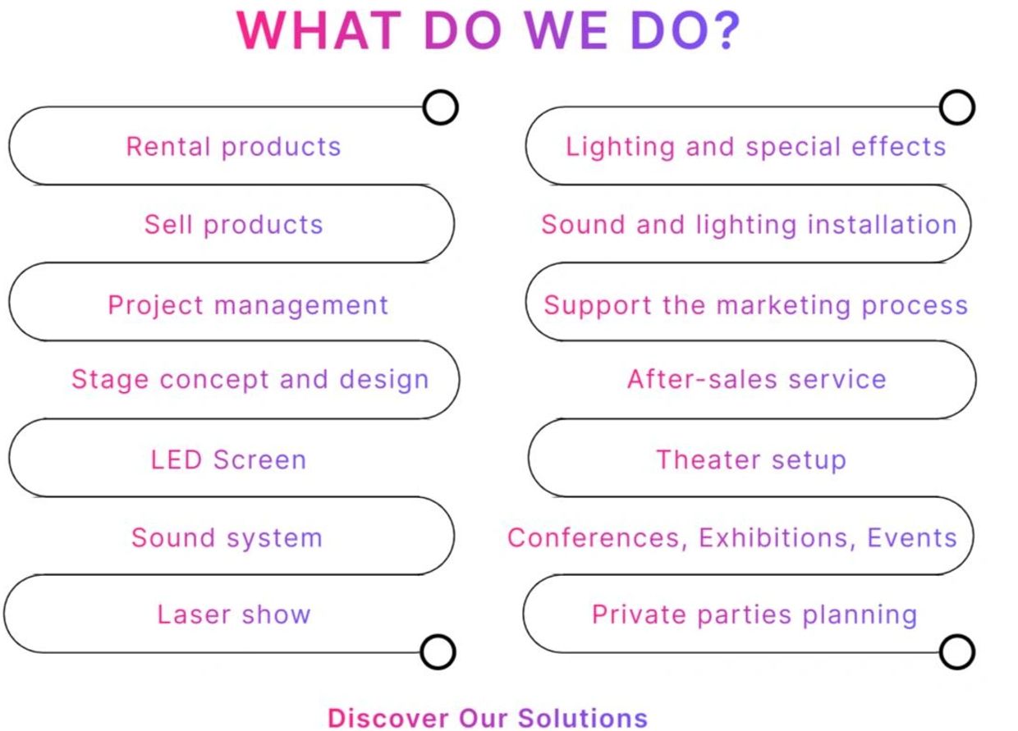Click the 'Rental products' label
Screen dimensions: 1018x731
point(234,147)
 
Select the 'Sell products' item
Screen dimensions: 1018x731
point(234,225)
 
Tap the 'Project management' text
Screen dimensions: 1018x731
point(248,305)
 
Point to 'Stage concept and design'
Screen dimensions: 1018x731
point(250,380)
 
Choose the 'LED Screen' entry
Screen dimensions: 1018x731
point(228,459)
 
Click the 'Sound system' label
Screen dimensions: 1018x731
point(227,538)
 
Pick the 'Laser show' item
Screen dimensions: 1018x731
point(234,614)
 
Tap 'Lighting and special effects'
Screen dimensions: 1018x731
point(756,147)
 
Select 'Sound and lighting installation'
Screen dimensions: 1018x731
point(750,225)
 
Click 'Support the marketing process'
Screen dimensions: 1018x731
point(756,305)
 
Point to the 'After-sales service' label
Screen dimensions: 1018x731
point(757,379)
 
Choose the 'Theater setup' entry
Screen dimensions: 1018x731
point(751,460)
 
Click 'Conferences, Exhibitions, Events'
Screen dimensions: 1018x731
point(732,538)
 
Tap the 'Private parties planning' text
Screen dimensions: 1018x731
point(754,615)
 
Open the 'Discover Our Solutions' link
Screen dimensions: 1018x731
point(488,719)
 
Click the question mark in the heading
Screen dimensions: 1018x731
point(727,30)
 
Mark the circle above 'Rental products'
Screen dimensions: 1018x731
point(440,107)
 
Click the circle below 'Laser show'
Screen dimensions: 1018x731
point(438,652)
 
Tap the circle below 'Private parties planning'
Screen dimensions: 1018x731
point(957,652)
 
